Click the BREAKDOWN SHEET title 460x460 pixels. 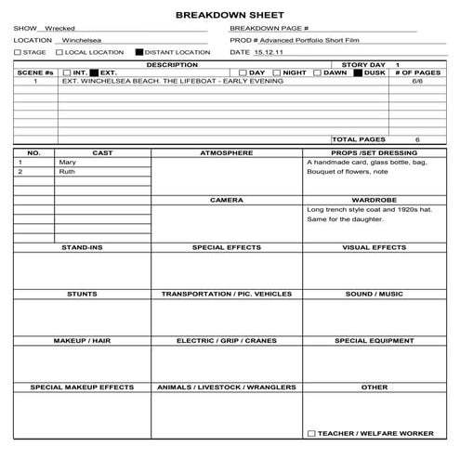point(229,15)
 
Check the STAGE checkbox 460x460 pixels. point(18,53)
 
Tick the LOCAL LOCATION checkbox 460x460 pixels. point(59,53)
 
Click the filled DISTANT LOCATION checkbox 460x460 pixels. point(139,53)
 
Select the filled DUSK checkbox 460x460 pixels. point(359,72)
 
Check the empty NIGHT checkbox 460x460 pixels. point(277,72)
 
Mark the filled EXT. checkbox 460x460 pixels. point(94,72)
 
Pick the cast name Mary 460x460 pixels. point(67,163)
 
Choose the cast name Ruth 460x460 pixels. point(67,172)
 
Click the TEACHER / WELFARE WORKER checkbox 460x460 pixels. point(311,433)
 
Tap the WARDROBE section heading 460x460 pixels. point(374,200)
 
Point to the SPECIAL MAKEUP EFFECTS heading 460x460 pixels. point(82,387)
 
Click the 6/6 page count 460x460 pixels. point(417,82)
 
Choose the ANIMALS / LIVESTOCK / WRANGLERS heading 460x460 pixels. point(227,387)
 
